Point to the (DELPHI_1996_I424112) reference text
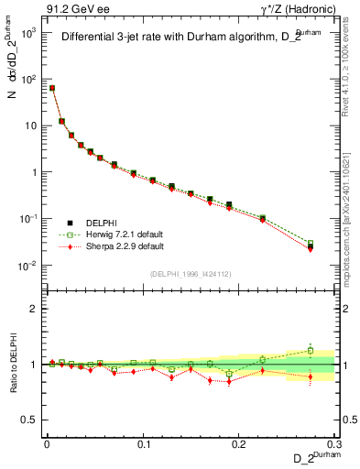click(190, 274)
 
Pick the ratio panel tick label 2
click(35, 309)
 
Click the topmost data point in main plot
click(52, 88)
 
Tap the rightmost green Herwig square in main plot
click(310, 244)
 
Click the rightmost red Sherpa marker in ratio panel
click(310, 376)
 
